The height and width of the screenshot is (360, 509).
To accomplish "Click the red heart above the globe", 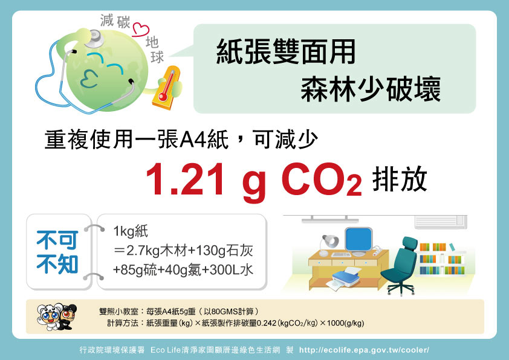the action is (141, 30).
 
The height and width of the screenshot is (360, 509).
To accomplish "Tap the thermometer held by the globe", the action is (166, 88).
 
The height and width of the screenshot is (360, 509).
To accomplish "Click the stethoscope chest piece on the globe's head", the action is (94, 38).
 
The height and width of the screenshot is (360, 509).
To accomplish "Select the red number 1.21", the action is (185, 179).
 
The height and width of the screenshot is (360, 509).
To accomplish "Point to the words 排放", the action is (399, 179).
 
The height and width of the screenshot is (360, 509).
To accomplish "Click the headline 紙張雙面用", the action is (286, 51).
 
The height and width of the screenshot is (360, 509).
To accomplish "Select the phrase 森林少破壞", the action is (371, 89).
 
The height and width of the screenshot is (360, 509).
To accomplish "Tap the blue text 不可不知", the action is (57, 252).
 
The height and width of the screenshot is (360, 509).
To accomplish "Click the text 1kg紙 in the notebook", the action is (131, 231).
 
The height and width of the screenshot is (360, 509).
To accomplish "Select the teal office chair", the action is (401, 266).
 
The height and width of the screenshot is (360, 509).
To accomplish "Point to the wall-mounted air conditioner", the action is (440, 222).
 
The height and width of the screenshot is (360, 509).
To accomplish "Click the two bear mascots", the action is (57, 317).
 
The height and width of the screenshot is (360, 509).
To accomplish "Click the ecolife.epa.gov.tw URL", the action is (364, 350).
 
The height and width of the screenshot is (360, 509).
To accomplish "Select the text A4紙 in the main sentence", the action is (204, 140).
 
